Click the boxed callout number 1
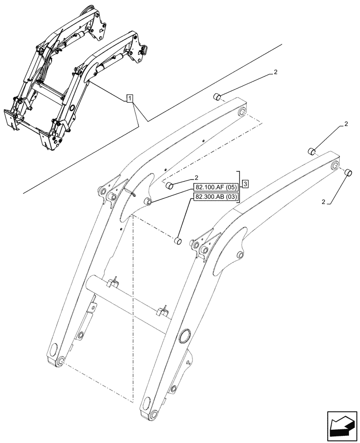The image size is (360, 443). tap(129, 98)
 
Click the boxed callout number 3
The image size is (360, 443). tap(246, 183)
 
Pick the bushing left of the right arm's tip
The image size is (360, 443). tap(312, 152)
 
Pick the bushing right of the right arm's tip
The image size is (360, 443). tap(348, 172)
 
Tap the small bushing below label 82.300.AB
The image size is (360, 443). tap(177, 241)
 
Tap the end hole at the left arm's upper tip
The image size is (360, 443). tap(242, 113)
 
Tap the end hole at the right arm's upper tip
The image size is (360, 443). tap(336, 166)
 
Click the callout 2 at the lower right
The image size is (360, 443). tap(325, 202)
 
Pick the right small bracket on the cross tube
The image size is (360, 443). tap(164, 310)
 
